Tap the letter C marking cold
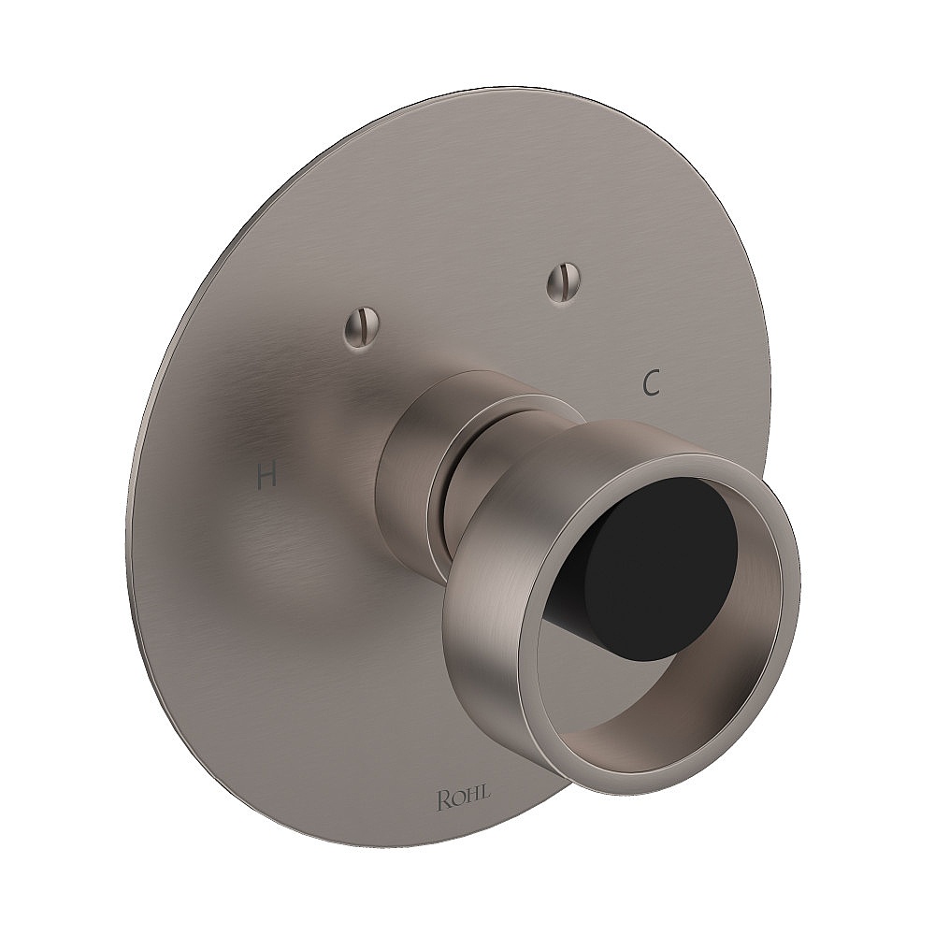pos(653,382)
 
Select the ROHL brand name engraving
pos(463,799)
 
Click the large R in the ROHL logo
pos(443,798)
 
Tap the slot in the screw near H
pos(361,324)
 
